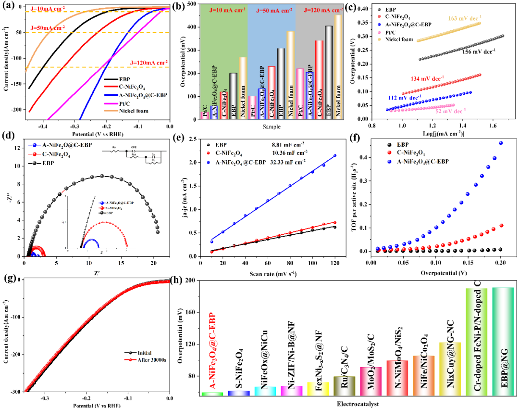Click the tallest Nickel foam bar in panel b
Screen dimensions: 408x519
[338, 67]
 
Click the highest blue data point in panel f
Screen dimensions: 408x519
[501, 143]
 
